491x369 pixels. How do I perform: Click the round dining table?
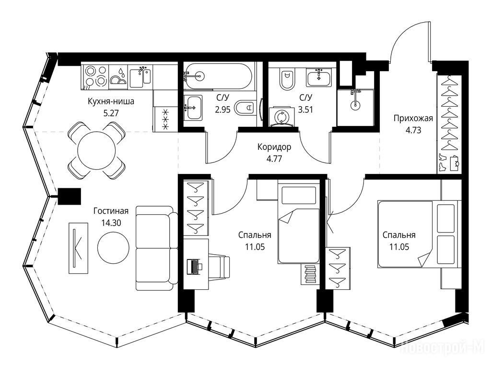pos(97,150)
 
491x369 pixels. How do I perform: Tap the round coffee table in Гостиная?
pos(113,248)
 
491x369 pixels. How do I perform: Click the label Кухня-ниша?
pos(111,101)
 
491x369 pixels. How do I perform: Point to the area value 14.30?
pos(111,223)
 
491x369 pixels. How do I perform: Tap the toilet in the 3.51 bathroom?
pos(287,79)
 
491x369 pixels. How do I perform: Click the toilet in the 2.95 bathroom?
pos(246,108)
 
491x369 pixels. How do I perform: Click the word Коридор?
pos(274,147)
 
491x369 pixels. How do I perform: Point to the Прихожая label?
pos(413,118)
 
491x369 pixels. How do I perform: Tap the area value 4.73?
pos(413,130)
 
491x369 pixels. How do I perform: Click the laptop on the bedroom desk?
pos(194,267)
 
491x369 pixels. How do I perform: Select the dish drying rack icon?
pos(118,77)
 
